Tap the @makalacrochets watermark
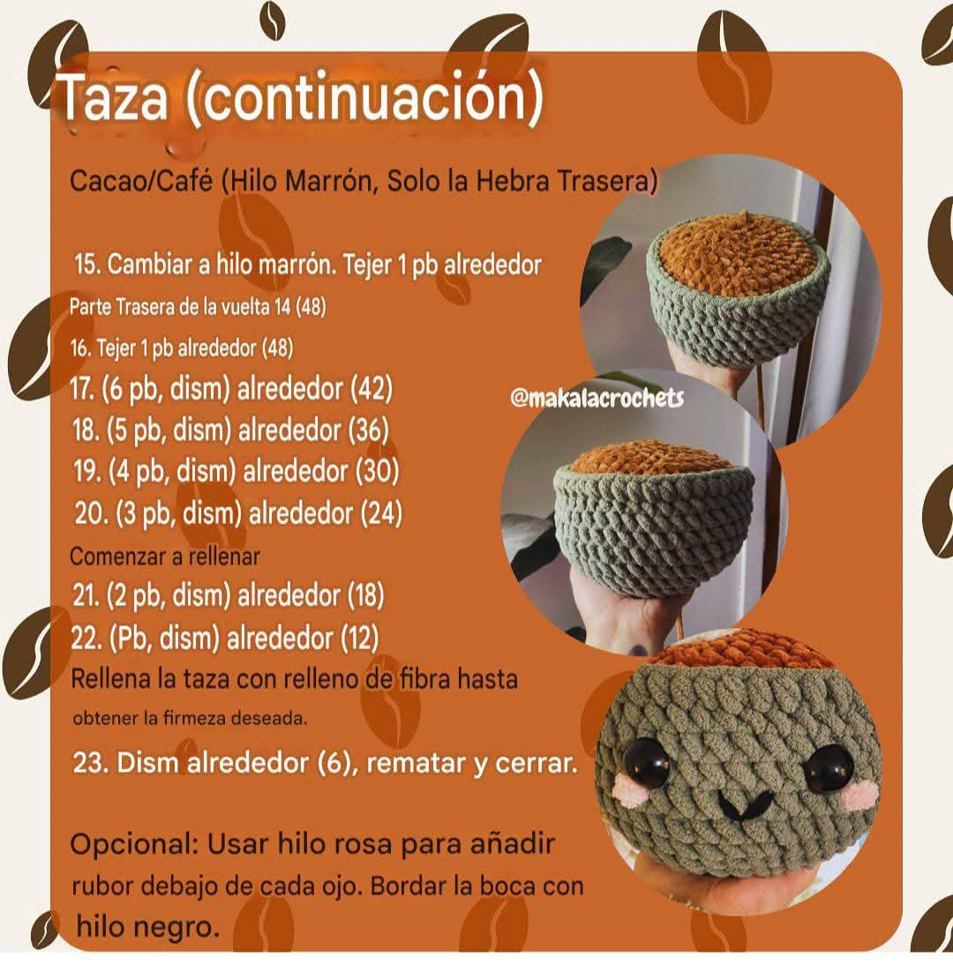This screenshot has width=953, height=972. [597, 399]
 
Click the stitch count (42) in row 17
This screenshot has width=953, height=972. [371, 389]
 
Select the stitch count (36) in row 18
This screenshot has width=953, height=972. [368, 430]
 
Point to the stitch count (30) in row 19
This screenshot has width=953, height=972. [377, 471]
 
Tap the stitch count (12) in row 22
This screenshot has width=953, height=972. [359, 637]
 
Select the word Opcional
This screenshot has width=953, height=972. [133, 844]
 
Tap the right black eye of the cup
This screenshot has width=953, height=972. [829, 767]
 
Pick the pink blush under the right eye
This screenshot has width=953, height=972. [857, 797]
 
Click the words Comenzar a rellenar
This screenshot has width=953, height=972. [165, 557]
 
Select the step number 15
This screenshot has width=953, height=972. [88, 265]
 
